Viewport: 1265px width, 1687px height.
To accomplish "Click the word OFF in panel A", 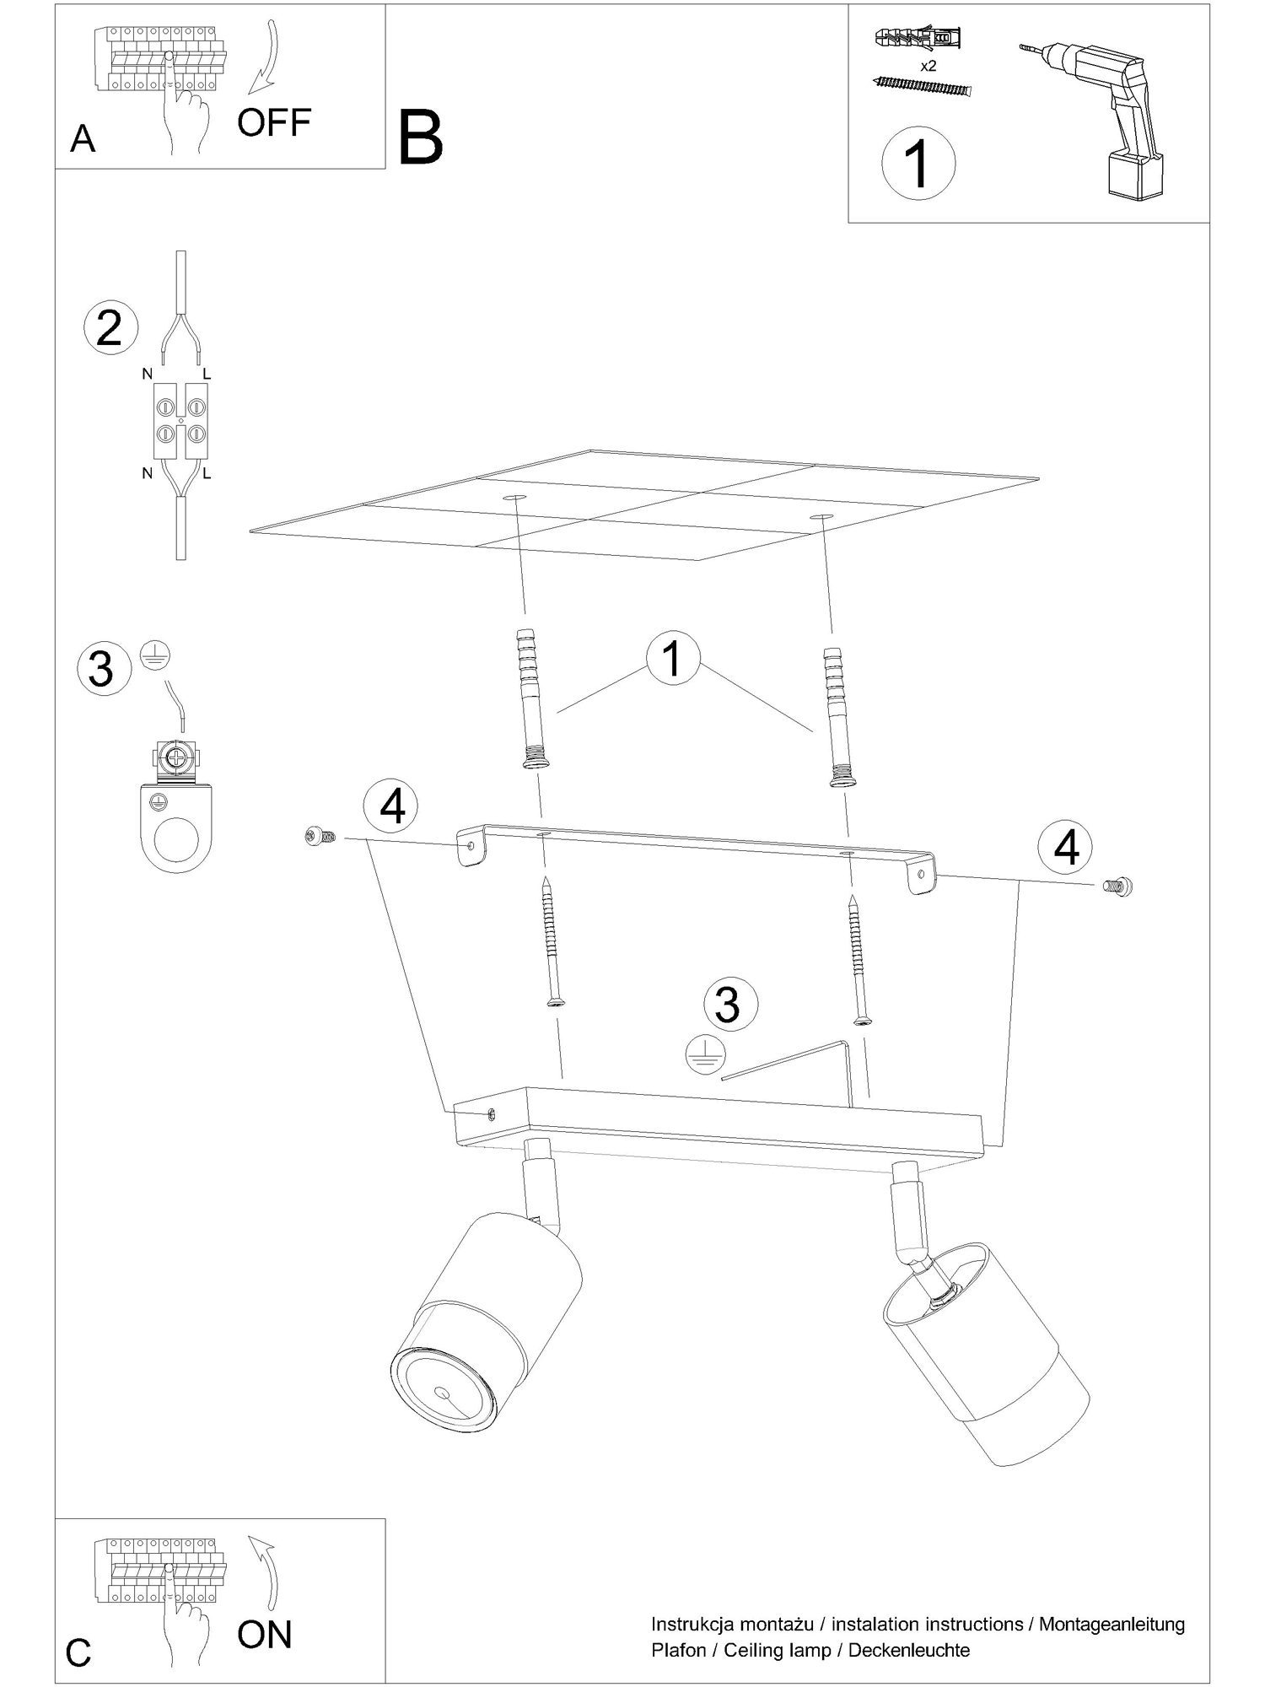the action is (274, 123).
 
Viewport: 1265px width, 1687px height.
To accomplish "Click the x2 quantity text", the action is (928, 66).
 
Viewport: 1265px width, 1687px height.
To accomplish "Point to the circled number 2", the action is (109, 328).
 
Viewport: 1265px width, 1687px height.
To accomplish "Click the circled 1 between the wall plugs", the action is (672, 660).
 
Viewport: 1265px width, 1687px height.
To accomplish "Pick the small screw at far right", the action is (1117, 886).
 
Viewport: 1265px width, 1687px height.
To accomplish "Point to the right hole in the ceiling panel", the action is (819, 515).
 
